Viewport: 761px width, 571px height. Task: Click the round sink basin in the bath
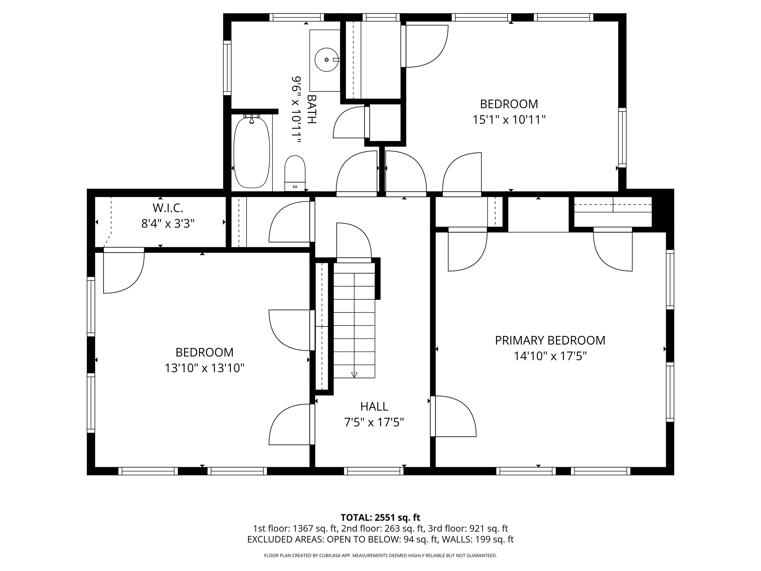click(x=326, y=60)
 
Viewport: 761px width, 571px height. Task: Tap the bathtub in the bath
click(x=251, y=152)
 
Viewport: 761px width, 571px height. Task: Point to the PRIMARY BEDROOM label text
click(x=550, y=341)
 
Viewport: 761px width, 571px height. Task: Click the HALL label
click(x=374, y=406)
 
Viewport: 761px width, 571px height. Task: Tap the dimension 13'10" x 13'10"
click(x=204, y=368)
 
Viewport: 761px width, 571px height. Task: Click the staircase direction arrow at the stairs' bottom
click(x=354, y=375)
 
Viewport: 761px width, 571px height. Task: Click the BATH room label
click(x=311, y=110)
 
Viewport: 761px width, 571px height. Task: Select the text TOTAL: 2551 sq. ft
click(x=380, y=517)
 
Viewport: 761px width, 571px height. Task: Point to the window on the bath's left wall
click(x=227, y=68)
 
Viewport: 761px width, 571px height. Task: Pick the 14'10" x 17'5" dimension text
click(x=550, y=356)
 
